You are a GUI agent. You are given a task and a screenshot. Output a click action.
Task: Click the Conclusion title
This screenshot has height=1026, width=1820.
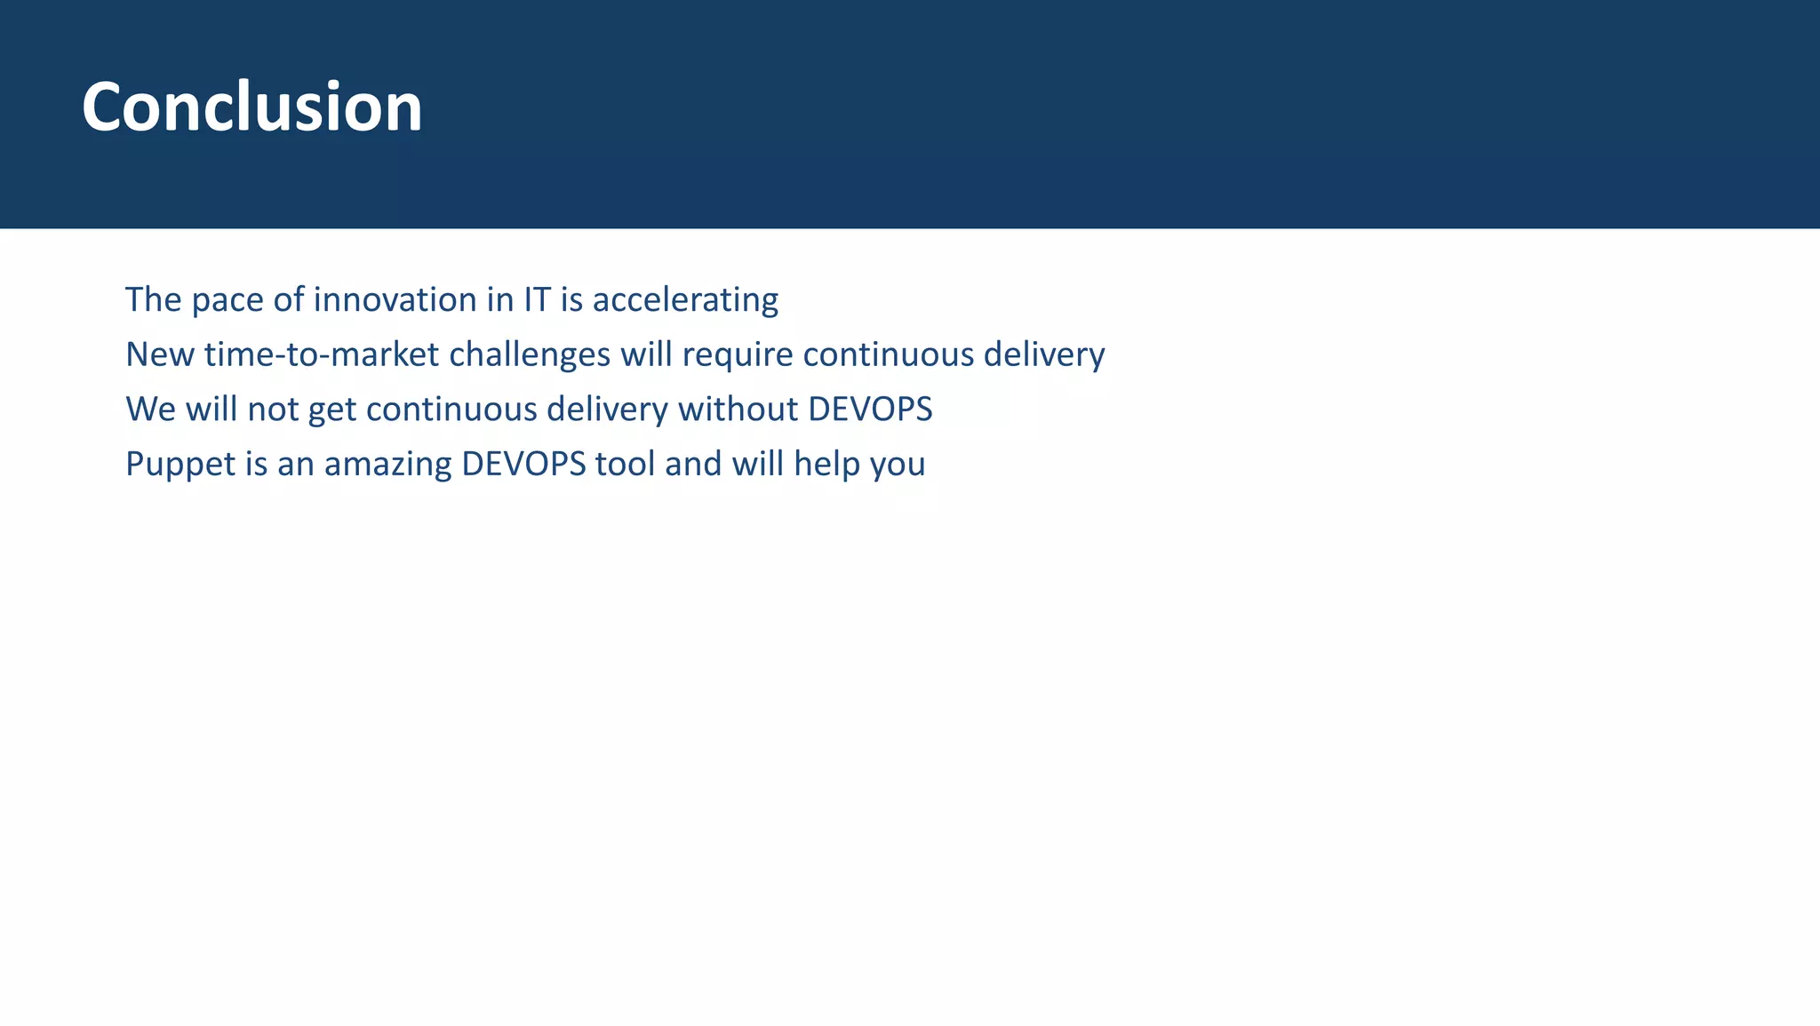251,107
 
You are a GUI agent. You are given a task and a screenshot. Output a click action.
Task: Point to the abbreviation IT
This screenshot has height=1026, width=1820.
537,300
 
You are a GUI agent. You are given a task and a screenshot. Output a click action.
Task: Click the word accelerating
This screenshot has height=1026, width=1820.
685,300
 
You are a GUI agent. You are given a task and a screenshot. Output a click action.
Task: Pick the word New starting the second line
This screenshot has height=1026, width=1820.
159,354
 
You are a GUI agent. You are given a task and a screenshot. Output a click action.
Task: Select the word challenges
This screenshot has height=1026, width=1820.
530,354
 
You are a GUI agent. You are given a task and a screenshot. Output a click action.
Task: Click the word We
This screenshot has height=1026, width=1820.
150,410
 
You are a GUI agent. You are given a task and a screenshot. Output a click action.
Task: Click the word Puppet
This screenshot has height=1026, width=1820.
180,465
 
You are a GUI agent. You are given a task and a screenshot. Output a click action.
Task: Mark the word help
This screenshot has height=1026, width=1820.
826,464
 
